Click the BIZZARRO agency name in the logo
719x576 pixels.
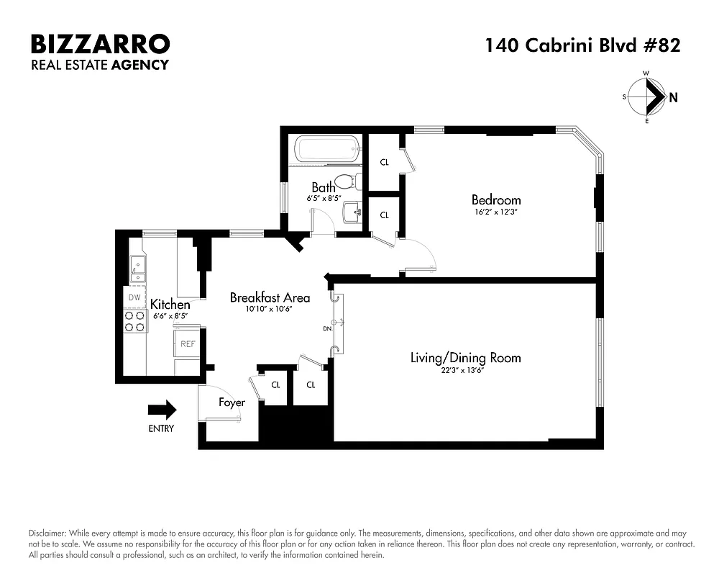coord(100,44)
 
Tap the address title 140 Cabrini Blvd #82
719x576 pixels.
coord(582,45)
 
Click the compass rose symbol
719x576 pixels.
coord(648,97)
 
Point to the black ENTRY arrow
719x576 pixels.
coord(162,410)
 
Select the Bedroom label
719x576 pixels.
coord(496,199)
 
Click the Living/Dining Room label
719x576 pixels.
coord(465,357)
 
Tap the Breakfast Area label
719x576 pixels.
coord(270,297)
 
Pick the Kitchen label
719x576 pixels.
coord(170,305)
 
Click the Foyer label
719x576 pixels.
coord(232,402)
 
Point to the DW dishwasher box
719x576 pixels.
coord(134,297)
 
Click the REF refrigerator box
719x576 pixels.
coord(188,344)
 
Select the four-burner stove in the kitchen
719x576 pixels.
coord(134,321)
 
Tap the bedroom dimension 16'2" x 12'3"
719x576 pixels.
coord(496,212)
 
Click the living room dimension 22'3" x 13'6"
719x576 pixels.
coord(465,370)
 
